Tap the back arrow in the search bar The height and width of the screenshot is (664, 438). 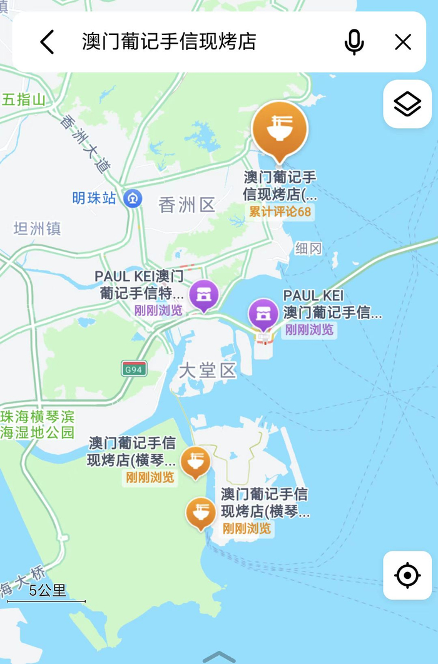pyautogui.click(x=48, y=42)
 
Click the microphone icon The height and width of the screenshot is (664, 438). pyautogui.click(x=354, y=42)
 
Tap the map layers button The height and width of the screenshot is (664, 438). pyautogui.click(x=407, y=104)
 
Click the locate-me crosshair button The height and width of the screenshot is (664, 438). pyautogui.click(x=407, y=575)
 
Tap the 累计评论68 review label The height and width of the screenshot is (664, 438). pyautogui.click(x=280, y=212)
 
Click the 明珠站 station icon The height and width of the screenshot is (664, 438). pyautogui.click(x=133, y=198)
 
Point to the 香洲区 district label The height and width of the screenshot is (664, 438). pyautogui.click(x=186, y=205)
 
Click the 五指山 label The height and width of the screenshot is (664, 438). pyautogui.click(x=24, y=100)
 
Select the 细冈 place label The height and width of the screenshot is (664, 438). pyautogui.click(x=308, y=248)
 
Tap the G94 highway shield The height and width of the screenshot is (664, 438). pyautogui.click(x=134, y=369)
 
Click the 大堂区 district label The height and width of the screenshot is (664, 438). pyautogui.click(x=207, y=370)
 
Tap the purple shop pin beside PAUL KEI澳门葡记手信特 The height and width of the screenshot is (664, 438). pyautogui.click(x=204, y=295)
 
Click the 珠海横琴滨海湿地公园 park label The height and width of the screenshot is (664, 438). pyautogui.click(x=37, y=424)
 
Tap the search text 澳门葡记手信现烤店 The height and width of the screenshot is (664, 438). pyautogui.click(x=169, y=42)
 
